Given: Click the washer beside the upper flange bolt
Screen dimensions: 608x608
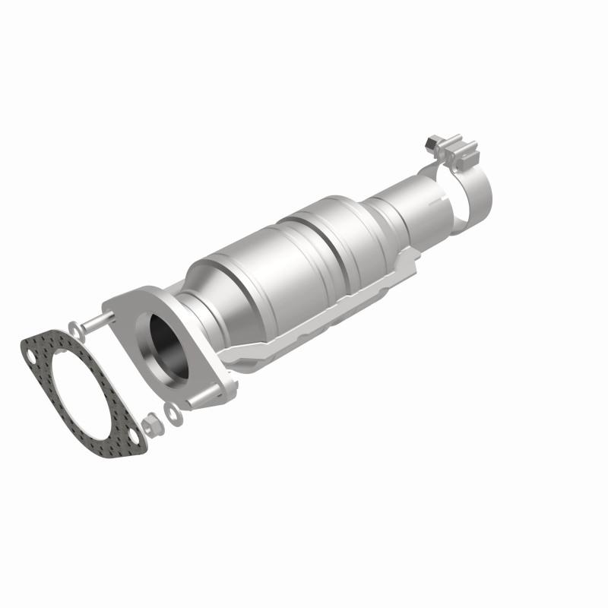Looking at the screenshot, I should click(74, 328).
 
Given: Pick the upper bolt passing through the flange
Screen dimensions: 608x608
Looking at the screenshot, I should click(95, 325).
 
